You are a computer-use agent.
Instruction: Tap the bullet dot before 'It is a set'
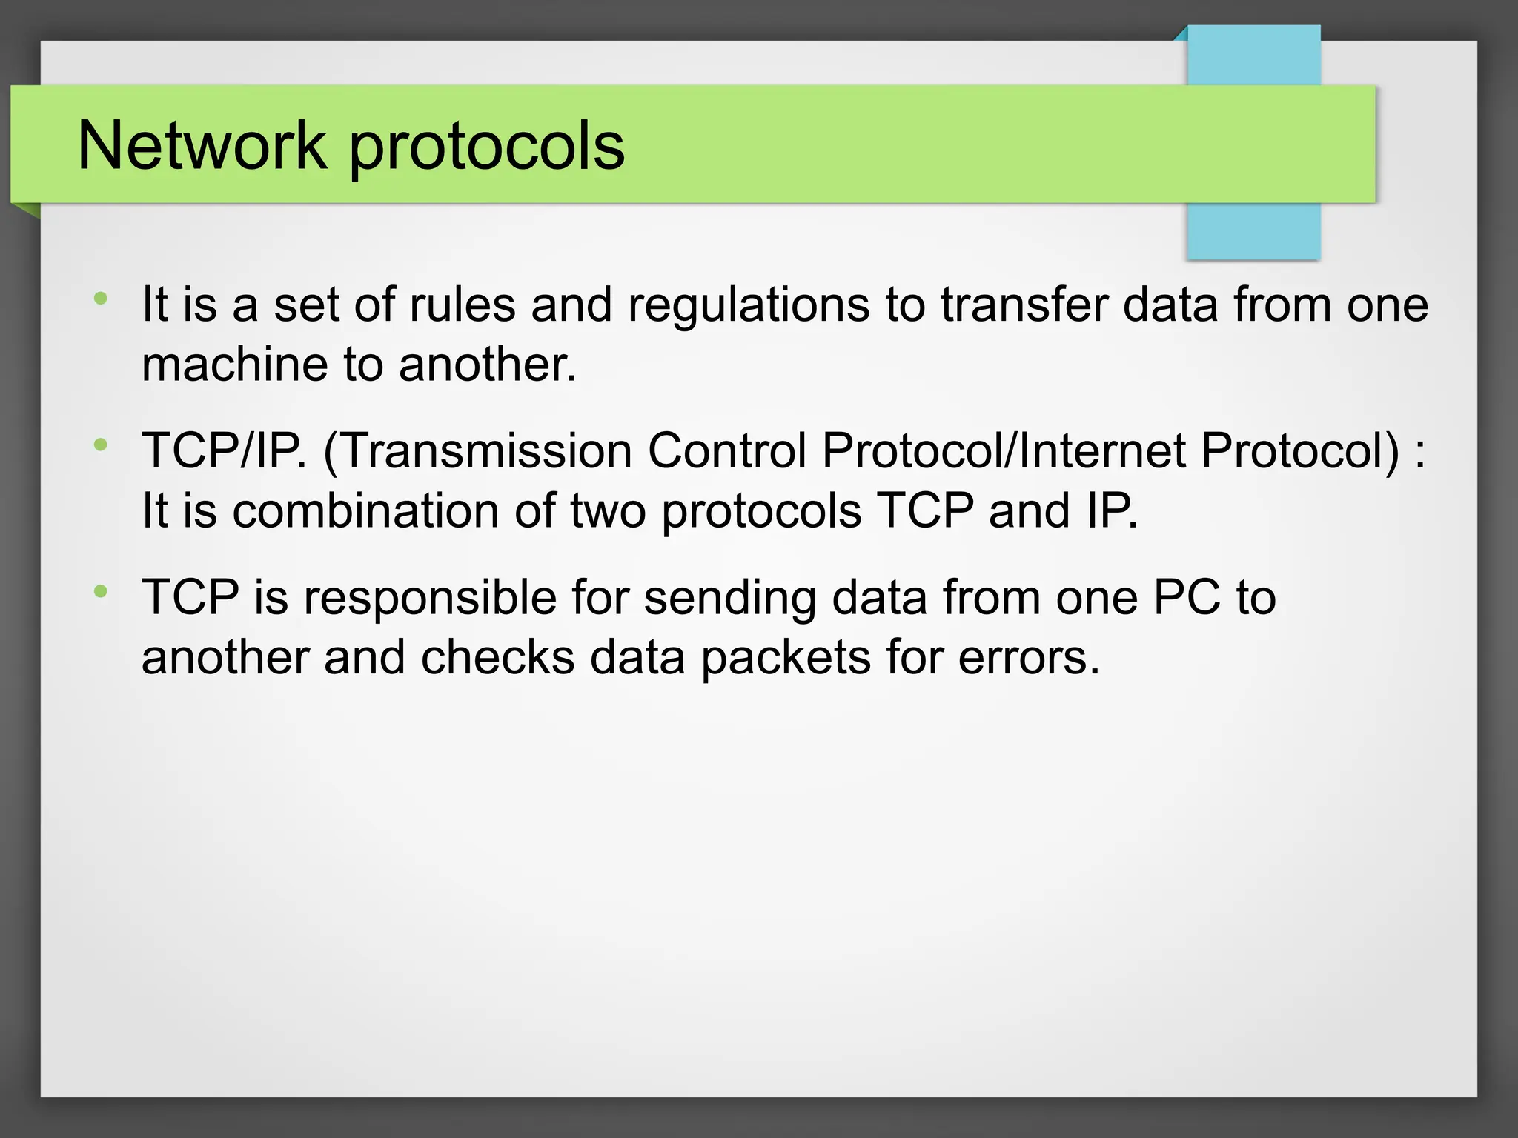[101, 299]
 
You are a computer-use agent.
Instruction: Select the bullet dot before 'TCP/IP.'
[101, 445]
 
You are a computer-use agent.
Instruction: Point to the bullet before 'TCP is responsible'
[101, 591]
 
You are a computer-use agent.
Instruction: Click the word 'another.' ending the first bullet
[488, 365]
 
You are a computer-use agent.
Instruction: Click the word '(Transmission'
[477, 450]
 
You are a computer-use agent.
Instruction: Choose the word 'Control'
[726, 450]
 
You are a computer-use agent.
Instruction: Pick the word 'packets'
[786, 658]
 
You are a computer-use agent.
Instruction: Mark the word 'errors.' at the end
[1029, 658]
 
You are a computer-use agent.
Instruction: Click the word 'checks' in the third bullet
[498, 657]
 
